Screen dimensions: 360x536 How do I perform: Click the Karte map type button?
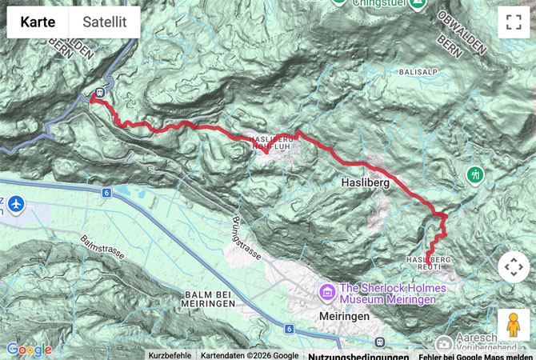(x=38, y=22)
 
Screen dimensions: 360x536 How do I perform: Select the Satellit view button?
(x=105, y=22)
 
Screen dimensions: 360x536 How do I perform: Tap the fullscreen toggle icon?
(x=513, y=22)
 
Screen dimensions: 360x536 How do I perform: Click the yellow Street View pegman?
(x=513, y=325)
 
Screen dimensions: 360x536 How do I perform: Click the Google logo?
(x=29, y=350)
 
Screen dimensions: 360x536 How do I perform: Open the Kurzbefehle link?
(x=170, y=355)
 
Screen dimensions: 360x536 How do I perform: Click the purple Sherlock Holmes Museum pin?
(x=326, y=293)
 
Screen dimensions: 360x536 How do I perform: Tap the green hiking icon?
(x=476, y=174)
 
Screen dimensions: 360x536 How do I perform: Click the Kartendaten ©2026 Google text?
(x=249, y=355)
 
